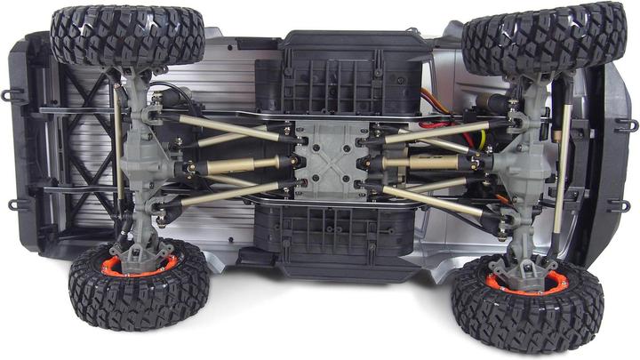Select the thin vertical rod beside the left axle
pos(118,147)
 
